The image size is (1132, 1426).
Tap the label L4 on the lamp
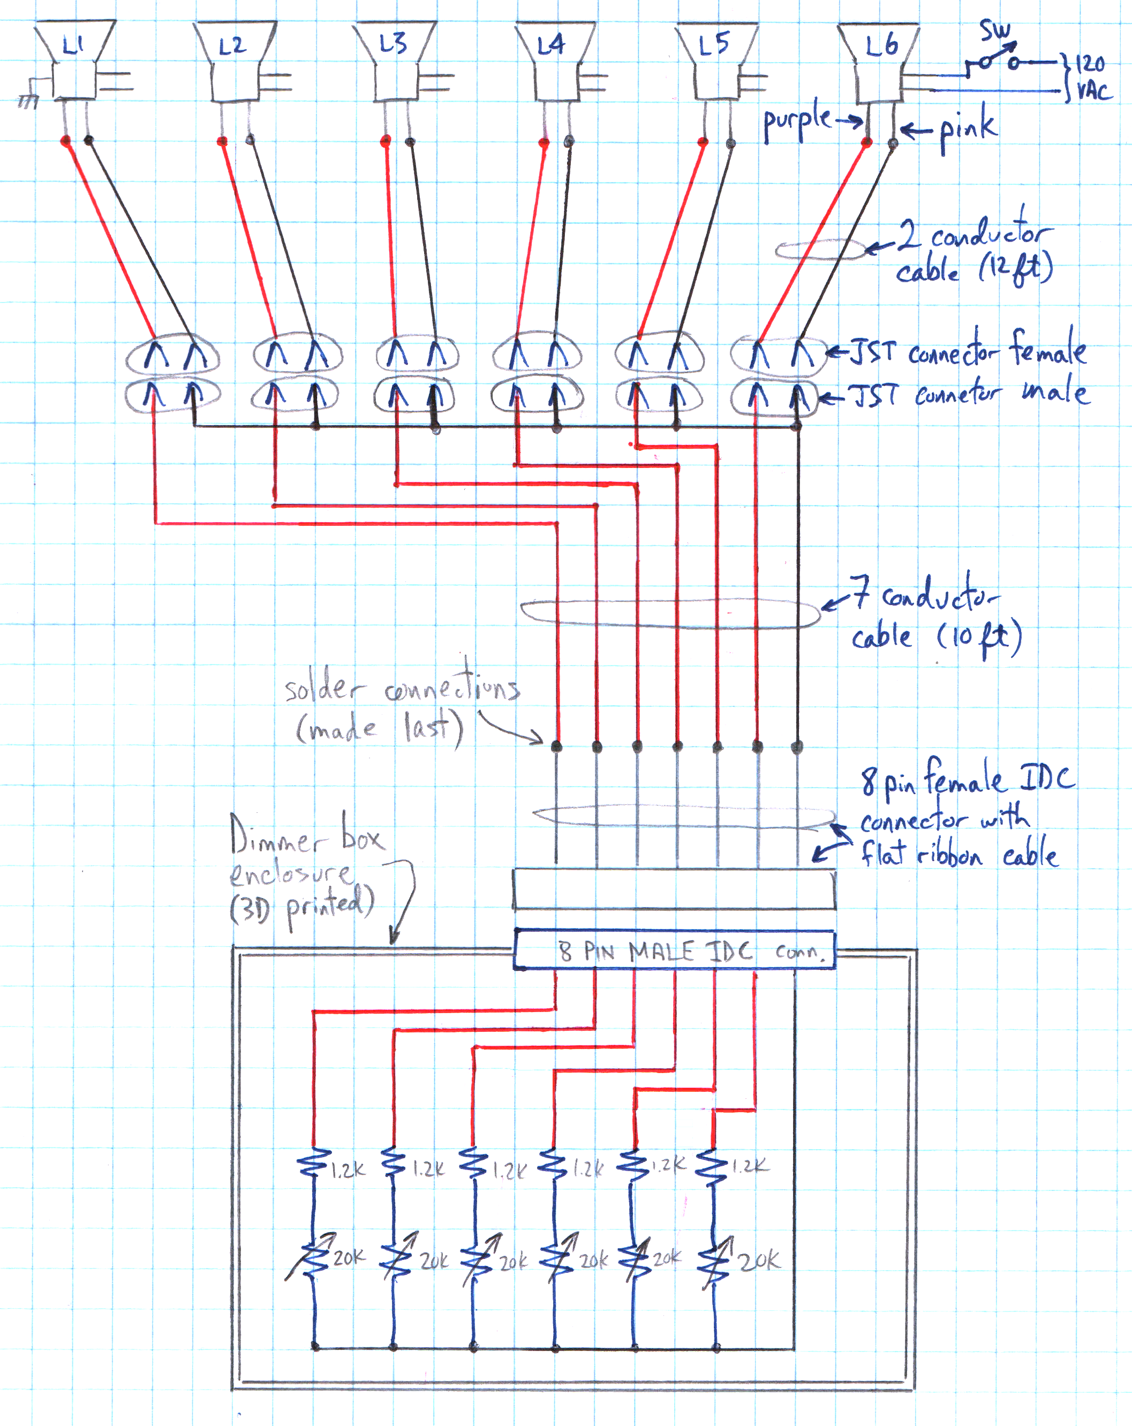551,45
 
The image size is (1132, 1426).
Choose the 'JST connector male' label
969,394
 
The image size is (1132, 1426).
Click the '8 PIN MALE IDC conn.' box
675,951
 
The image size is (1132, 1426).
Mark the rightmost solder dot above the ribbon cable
797,748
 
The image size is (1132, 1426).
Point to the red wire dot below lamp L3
386,140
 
